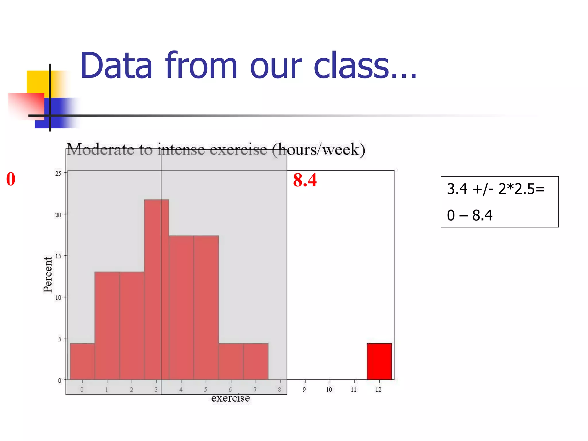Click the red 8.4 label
[x=305, y=180]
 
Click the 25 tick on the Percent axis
[x=58, y=173]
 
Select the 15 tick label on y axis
[x=58, y=256]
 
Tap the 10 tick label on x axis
[x=329, y=390]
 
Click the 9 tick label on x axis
[x=304, y=390]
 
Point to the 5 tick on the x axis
[x=206, y=390]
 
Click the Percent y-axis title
[x=48, y=274]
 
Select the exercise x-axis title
[x=231, y=398]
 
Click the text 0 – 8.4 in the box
[x=469, y=215]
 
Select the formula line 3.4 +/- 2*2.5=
[x=496, y=189]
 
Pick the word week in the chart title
[x=340, y=150]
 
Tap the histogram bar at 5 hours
[x=206, y=307]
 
